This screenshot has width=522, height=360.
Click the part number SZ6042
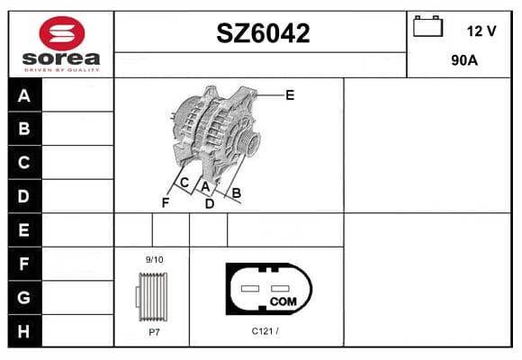point(263,33)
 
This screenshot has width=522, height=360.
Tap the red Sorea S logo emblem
point(62,33)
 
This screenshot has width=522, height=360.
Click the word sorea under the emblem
point(61,58)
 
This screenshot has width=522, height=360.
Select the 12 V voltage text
point(481,31)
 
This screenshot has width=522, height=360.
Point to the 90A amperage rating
point(464,60)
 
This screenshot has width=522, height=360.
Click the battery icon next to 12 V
point(427,26)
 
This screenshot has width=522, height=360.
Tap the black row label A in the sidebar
point(24,95)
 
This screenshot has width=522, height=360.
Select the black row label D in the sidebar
point(23,196)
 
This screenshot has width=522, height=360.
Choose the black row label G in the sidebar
point(23,297)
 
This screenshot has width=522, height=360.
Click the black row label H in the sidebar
point(23,331)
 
